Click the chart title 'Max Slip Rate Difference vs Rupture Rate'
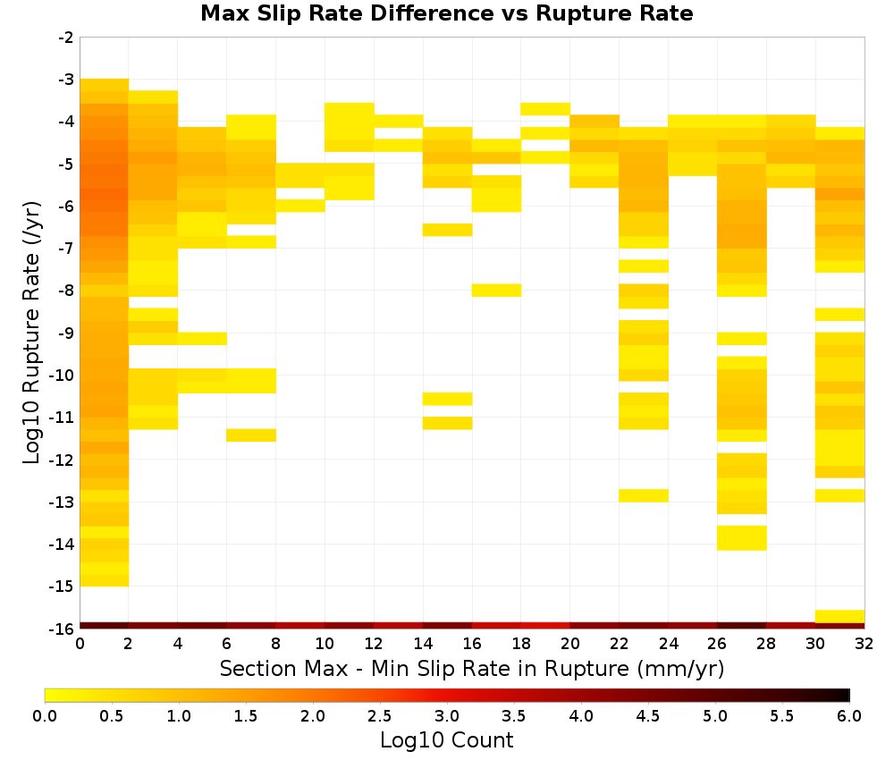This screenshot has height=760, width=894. pos(446,13)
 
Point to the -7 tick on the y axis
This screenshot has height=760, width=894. pos(78,249)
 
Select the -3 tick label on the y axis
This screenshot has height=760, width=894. pos(66,80)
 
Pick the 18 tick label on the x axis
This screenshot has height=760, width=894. pos(521,644)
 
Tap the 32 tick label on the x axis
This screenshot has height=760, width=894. pos(864,644)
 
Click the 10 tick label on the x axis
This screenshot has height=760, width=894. pos(325,644)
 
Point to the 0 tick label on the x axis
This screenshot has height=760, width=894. pos(80,644)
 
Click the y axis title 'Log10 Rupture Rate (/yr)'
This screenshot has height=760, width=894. pos(31,333)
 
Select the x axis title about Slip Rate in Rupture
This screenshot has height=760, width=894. pos(472,669)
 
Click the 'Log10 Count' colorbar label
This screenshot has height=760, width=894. pos(446,740)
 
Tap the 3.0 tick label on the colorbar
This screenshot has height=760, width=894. pos(447,716)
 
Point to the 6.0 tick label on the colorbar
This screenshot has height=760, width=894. pos(849,716)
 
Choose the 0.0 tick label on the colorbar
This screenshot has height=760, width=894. pos(45,716)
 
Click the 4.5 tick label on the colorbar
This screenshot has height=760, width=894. pos(647,716)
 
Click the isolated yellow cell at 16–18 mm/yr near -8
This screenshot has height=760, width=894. pos(496,291)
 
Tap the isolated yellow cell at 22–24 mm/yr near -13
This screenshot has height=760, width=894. pos(644,495)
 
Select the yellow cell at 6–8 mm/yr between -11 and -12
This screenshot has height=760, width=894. pos(251,435)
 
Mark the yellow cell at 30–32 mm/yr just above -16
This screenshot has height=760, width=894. pos(839,616)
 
